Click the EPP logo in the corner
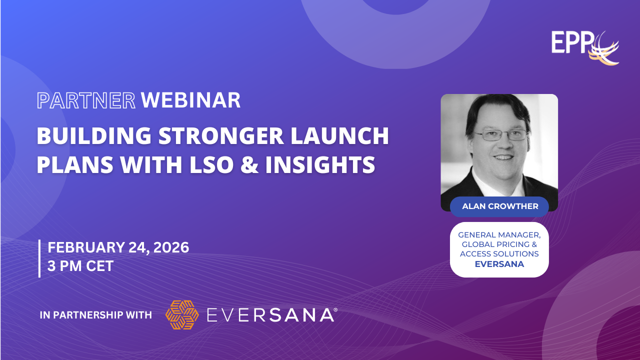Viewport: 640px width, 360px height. pos(585,47)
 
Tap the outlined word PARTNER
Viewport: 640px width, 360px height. pos(86,100)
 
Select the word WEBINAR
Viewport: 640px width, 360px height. pos(190,100)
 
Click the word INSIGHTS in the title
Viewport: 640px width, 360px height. pos(320,164)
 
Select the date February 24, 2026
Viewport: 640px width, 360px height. pos(118,247)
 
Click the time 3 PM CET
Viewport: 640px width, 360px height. pos(80,266)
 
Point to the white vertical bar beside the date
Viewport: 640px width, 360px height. pos(39,258)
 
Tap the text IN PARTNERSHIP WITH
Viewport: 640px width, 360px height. pos(95,315)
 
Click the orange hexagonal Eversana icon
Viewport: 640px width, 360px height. pos(182,315)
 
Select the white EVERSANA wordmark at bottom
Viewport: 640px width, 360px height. pos(270,315)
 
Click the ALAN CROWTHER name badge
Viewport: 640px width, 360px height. pos(499,206)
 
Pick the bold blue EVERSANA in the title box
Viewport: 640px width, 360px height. pos(499,264)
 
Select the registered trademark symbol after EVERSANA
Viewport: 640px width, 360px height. pos(335,309)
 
